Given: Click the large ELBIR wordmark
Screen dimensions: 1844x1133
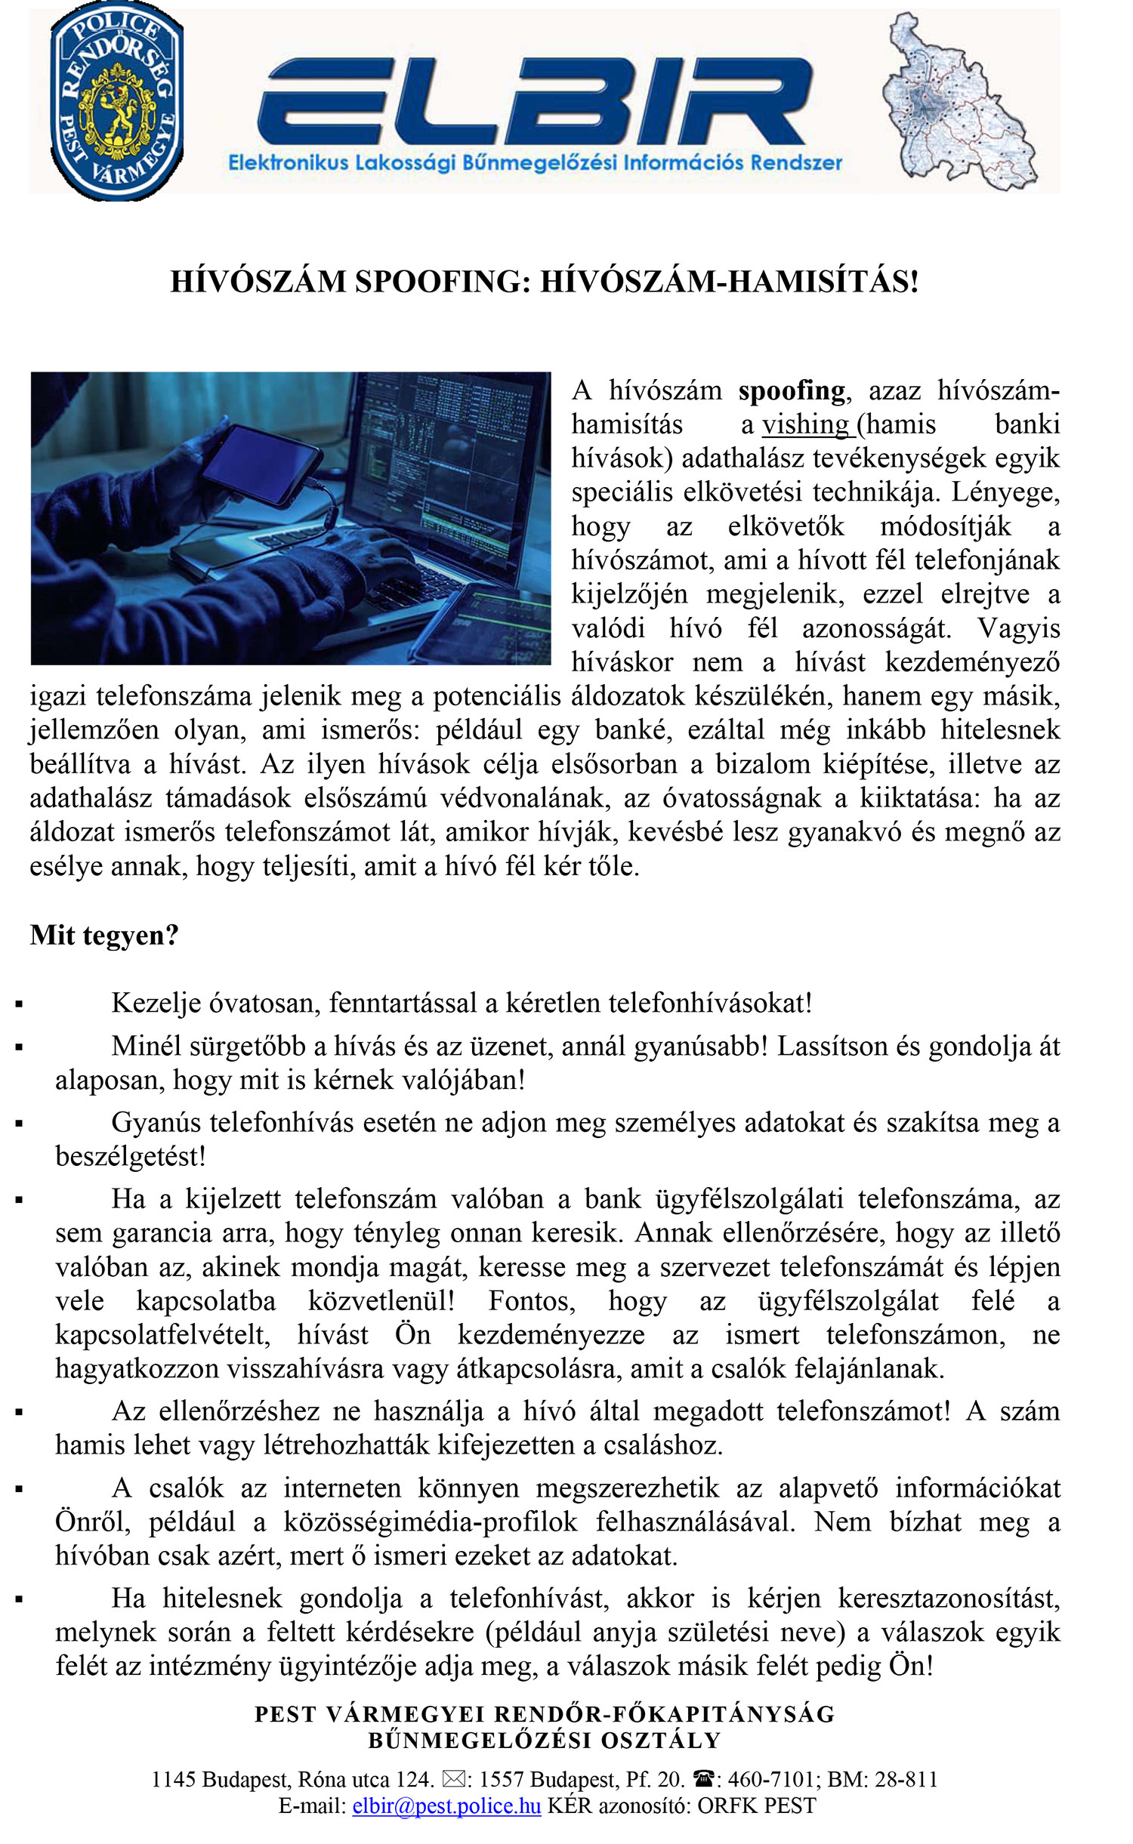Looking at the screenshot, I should pyautogui.click(x=534, y=102).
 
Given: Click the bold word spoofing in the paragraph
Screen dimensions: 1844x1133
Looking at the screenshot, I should pyautogui.click(x=792, y=390).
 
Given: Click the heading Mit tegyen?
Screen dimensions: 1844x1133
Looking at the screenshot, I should pyautogui.click(x=104, y=935).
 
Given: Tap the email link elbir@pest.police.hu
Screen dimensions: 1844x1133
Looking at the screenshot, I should pyautogui.click(x=446, y=1805).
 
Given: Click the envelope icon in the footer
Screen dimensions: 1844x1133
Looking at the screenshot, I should pyautogui.click(x=454, y=1780).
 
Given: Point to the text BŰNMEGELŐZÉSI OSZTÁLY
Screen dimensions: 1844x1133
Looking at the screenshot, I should pyautogui.click(x=544, y=1741).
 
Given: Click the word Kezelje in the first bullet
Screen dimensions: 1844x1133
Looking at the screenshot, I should pyautogui.click(x=156, y=1003).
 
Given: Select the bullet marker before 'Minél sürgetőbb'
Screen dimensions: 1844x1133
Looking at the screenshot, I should pyautogui.click(x=19, y=1047).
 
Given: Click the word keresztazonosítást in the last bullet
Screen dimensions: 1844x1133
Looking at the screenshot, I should pyautogui.click(x=949, y=1599).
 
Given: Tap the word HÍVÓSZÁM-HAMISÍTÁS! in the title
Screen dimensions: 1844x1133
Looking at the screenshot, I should pyautogui.click(x=730, y=281).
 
